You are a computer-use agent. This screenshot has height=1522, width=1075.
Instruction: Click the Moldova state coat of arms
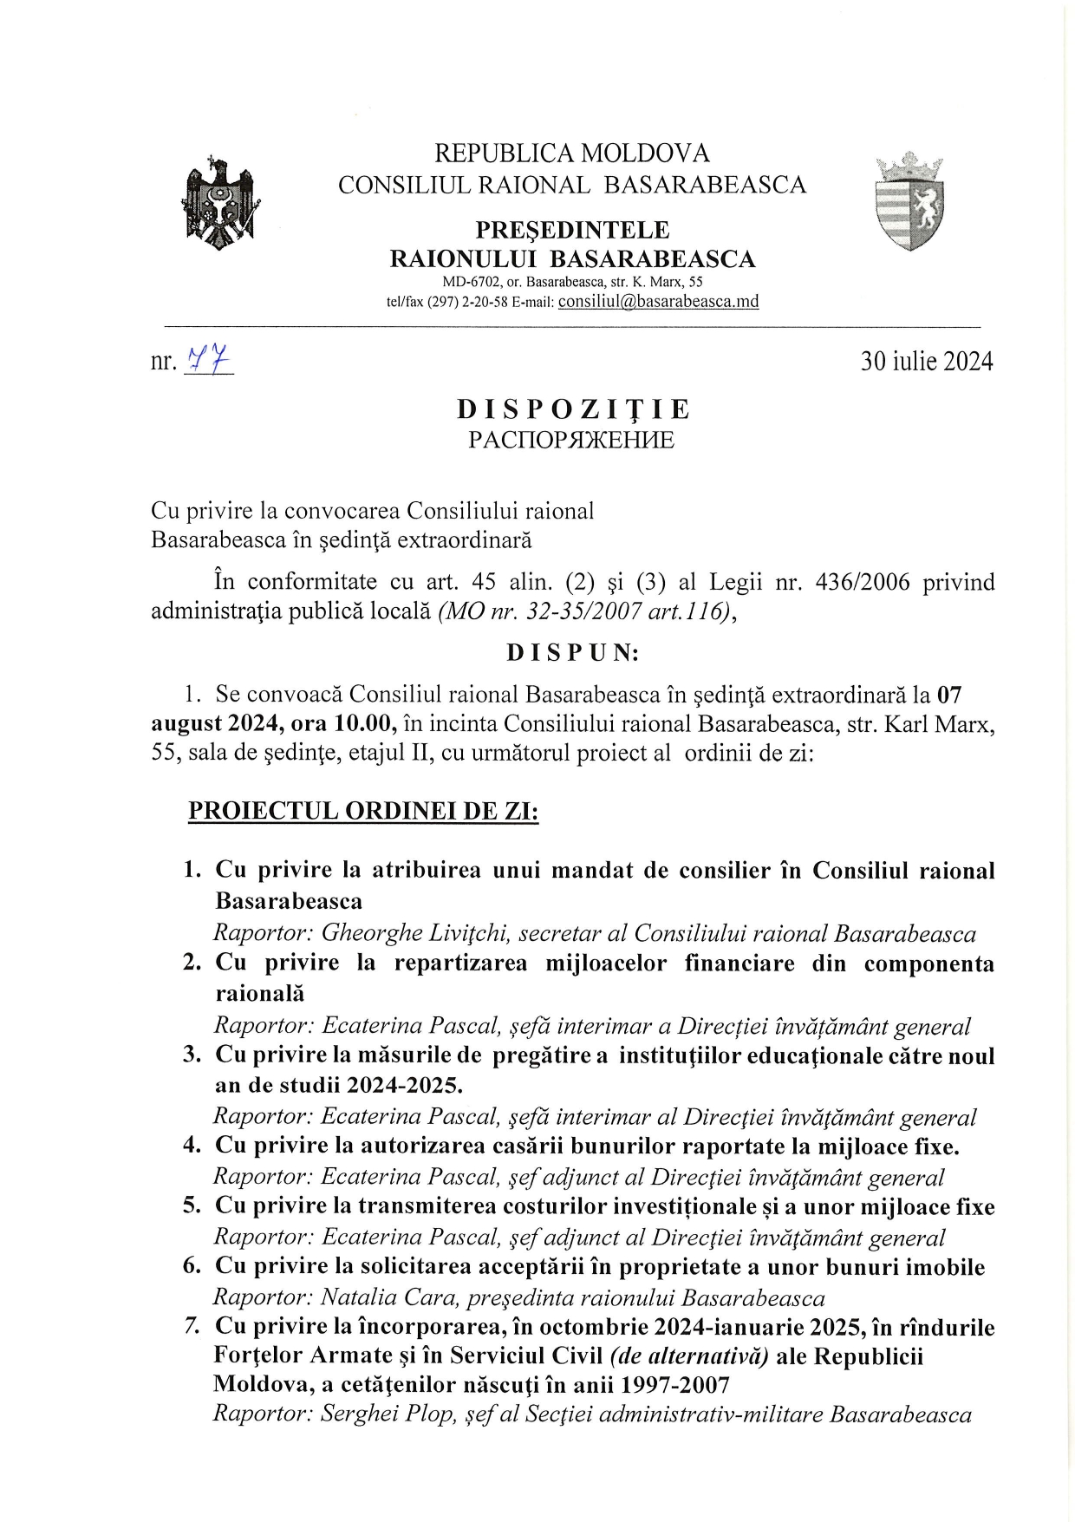(222, 203)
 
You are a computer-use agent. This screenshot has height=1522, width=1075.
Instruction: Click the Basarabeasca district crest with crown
(909, 202)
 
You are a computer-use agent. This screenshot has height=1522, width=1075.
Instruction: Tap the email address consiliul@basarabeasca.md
(658, 302)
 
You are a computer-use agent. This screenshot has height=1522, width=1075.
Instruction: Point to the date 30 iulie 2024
(926, 362)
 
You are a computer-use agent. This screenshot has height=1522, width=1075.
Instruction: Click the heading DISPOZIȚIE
(573, 408)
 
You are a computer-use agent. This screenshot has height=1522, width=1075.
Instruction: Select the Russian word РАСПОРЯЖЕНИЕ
(571, 440)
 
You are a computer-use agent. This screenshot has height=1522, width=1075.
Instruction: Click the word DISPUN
(572, 652)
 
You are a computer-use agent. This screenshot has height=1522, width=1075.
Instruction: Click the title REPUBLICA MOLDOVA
(571, 154)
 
